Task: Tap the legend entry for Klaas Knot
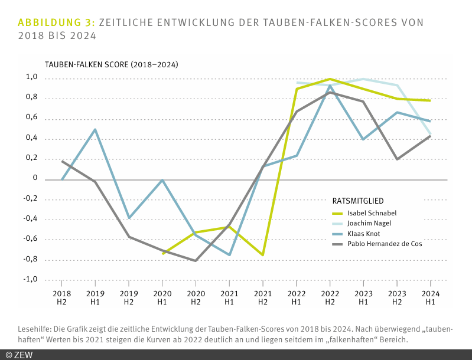364,233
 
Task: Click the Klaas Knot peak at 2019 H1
95,129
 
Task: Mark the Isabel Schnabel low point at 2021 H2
262,255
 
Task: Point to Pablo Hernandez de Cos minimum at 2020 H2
196,260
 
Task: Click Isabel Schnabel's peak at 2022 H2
330,79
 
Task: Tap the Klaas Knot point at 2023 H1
363,139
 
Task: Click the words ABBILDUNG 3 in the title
56,22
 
